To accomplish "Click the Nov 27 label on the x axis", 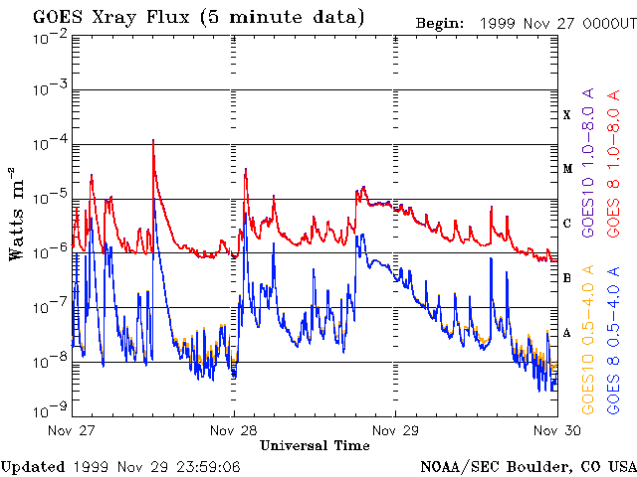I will click(71, 429).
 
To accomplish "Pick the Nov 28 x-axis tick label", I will click(234, 429).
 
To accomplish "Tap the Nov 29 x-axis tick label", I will click(395, 429).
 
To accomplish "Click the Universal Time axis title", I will click(315, 445).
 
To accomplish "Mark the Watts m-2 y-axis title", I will click(17, 213).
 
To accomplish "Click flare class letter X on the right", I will click(567, 115).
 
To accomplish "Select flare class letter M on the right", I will click(567, 169).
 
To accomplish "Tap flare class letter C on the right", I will click(567, 224).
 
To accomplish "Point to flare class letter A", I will click(567, 333).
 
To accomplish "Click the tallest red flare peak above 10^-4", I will click(153, 141).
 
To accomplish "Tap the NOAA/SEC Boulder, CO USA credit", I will click(528, 466).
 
